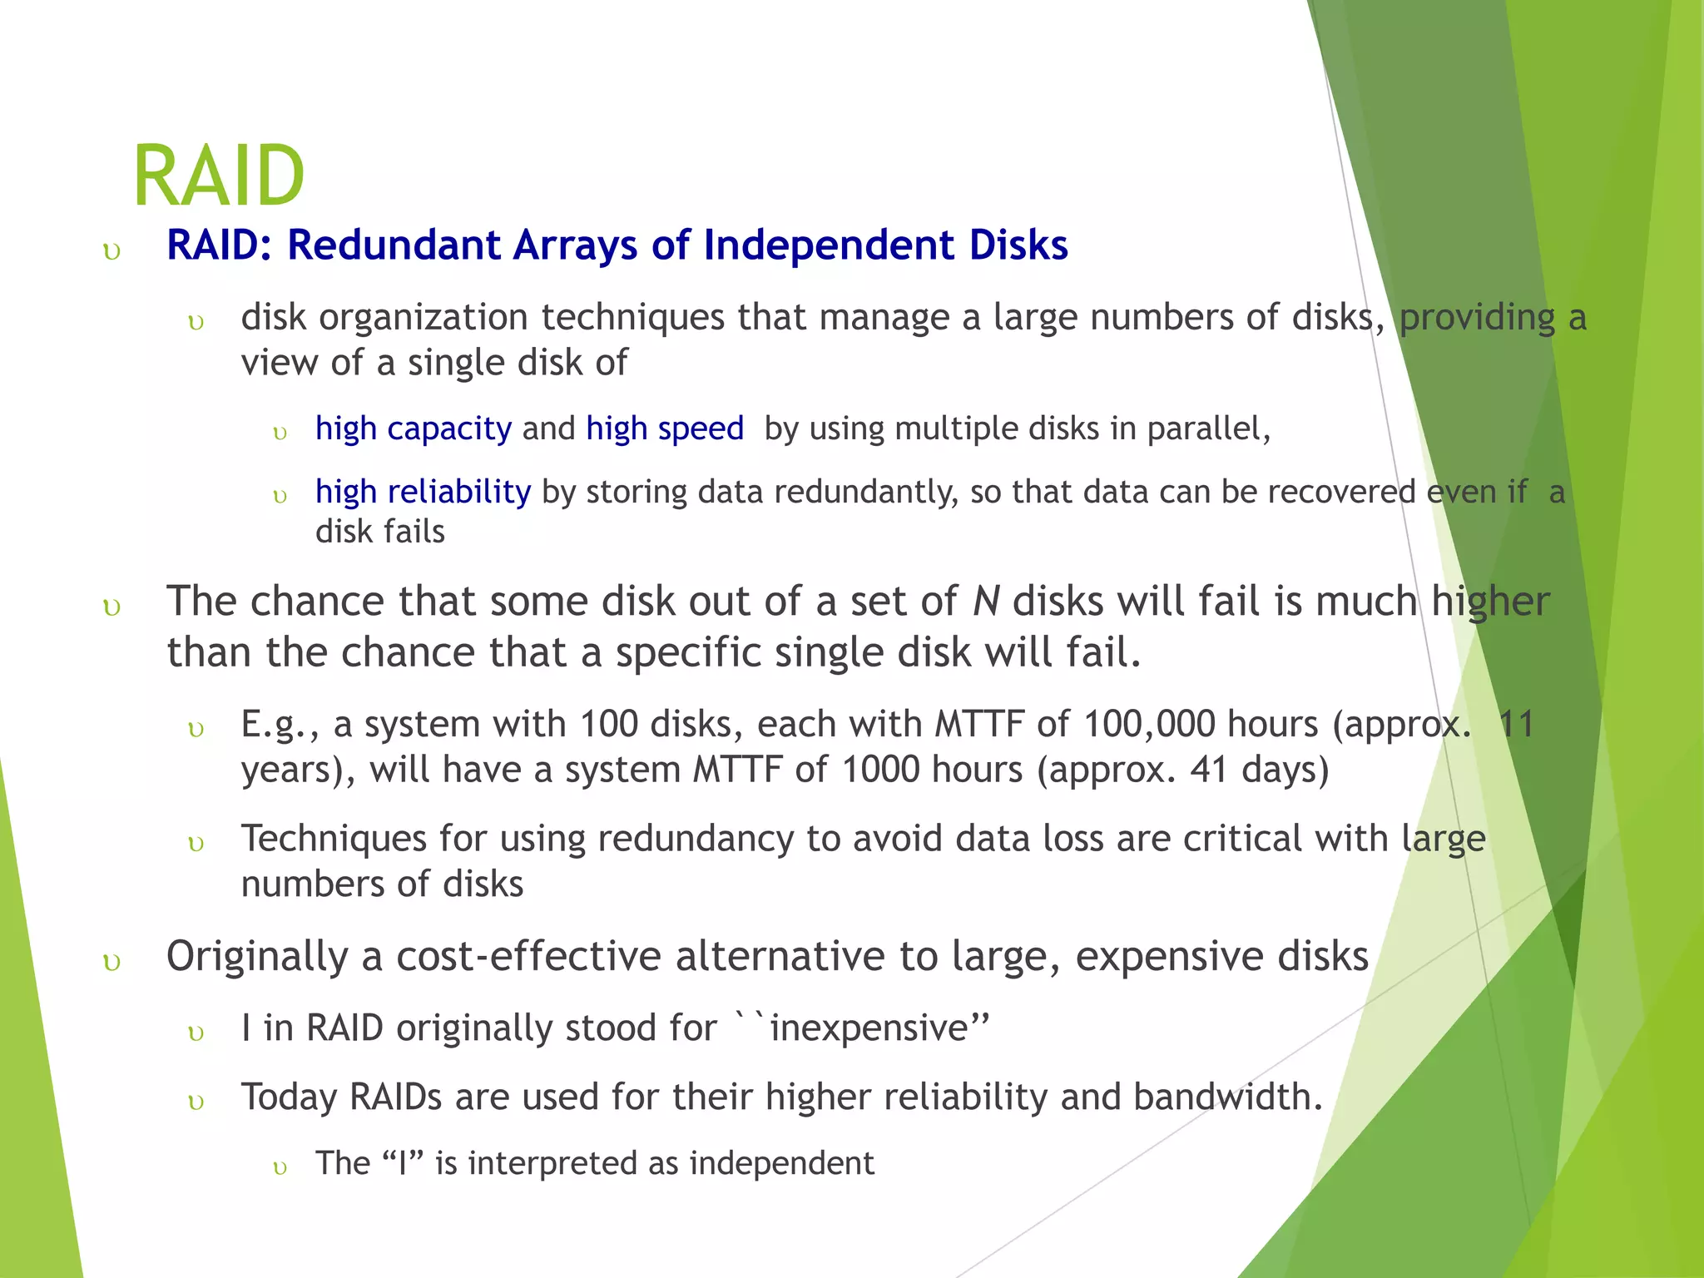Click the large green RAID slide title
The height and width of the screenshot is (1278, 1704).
[x=219, y=176]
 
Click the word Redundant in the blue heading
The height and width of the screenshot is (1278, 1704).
[x=394, y=245]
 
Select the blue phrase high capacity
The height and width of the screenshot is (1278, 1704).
[x=413, y=428]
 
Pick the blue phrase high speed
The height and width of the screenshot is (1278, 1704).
[x=664, y=428]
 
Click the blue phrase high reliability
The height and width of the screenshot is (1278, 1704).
[x=423, y=492]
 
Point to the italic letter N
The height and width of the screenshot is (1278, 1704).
[x=985, y=602]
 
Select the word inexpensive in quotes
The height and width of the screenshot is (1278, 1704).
[x=869, y=1028]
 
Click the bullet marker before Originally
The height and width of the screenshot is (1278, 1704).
[x=111, y=963]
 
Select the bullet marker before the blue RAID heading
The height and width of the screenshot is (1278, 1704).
[x=111, y=251]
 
